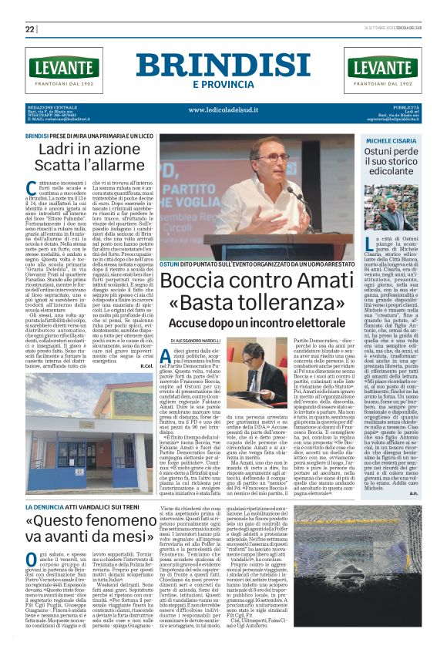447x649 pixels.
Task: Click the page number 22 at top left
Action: pos(31,29)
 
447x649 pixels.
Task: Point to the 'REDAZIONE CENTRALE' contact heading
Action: pos(49,106)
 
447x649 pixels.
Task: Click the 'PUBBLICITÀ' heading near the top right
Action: pos(408,106)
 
